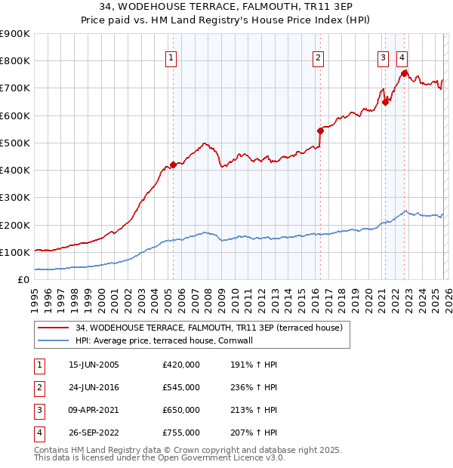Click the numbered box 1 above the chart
[171, 57]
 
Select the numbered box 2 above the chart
[319, 57]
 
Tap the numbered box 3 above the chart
[383, 57]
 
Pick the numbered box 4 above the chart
[402, 57]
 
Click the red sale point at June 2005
[173, 165]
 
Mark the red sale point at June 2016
[320, 131]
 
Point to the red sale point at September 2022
[404, 73]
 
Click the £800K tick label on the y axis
[15, 61]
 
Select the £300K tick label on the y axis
[15, 198]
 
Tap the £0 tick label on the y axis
[23, 280]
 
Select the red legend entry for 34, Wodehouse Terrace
[209, 328]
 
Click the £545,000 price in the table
[181, 387]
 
